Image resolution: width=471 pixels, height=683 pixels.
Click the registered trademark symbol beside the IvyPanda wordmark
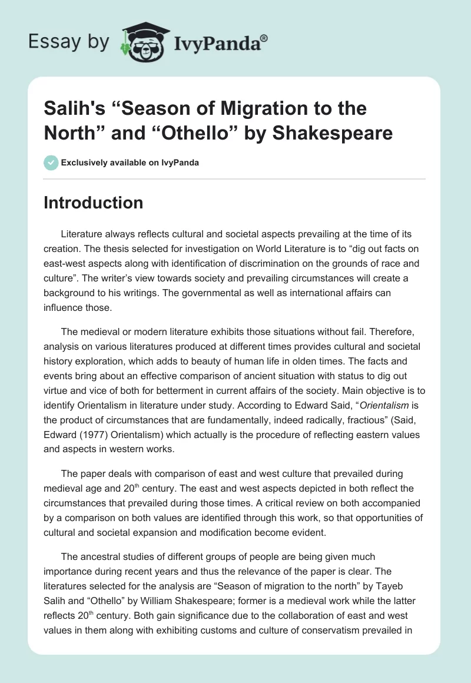(x=264, y=38)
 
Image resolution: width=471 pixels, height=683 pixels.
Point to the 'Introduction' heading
(x=94, y=203)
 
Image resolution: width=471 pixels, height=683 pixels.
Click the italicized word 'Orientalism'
(x=385, y=423)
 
